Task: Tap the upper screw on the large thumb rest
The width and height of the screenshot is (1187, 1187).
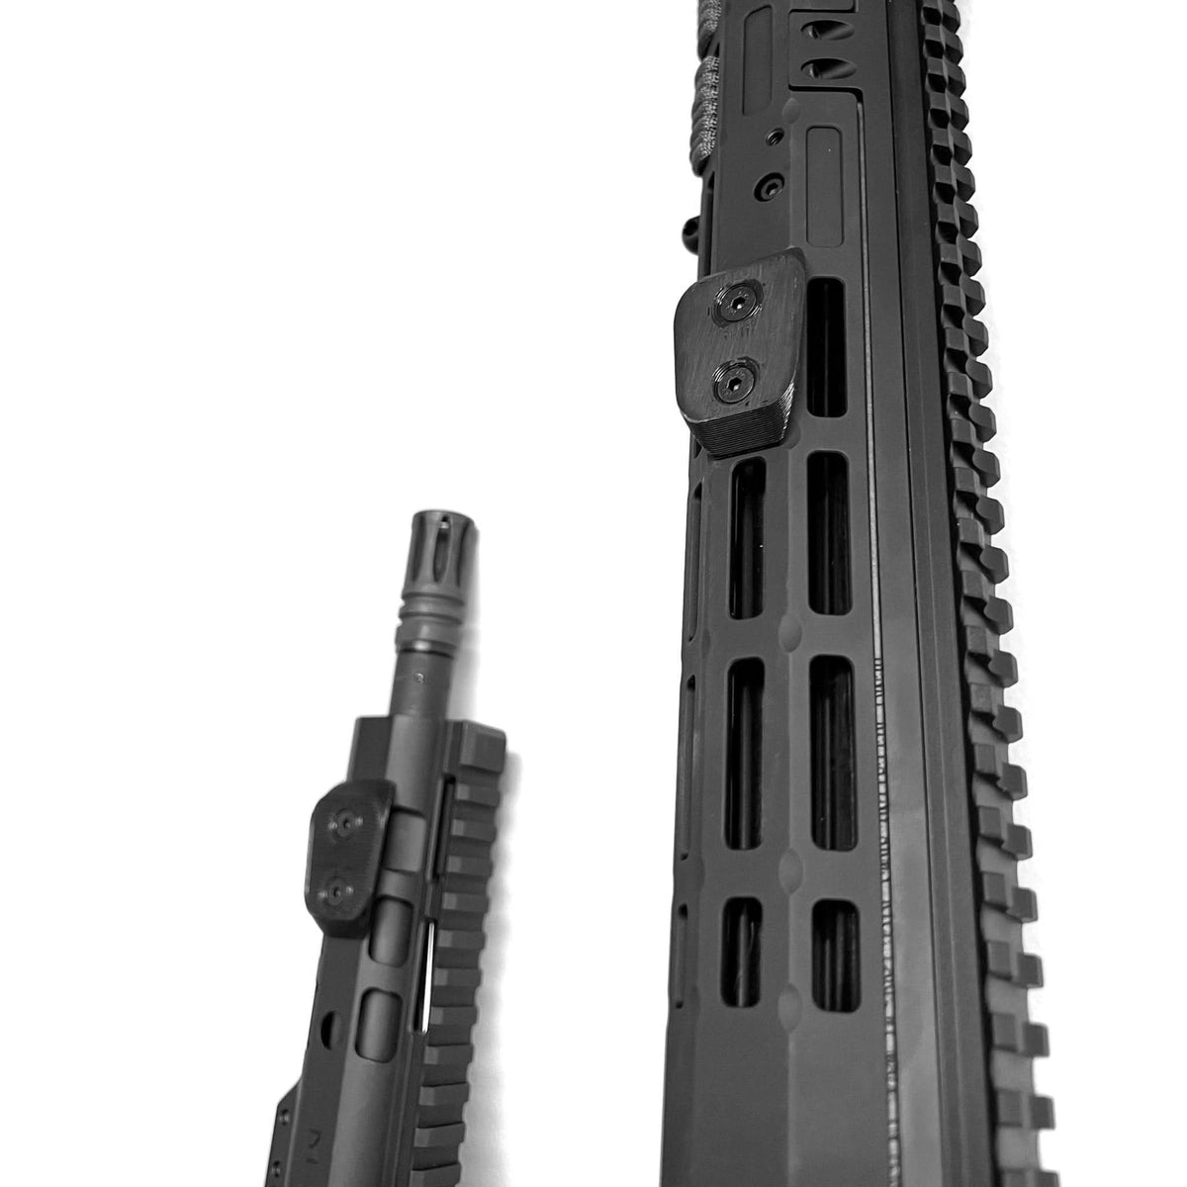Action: coord(741,308)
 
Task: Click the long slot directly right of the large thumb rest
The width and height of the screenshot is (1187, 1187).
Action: coord(826,346)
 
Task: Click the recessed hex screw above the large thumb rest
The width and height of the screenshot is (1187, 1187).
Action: coord(766,185)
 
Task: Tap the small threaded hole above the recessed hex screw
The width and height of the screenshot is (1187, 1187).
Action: coord(776,134)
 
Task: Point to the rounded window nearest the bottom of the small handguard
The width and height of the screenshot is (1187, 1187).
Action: coord(375,1014)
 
